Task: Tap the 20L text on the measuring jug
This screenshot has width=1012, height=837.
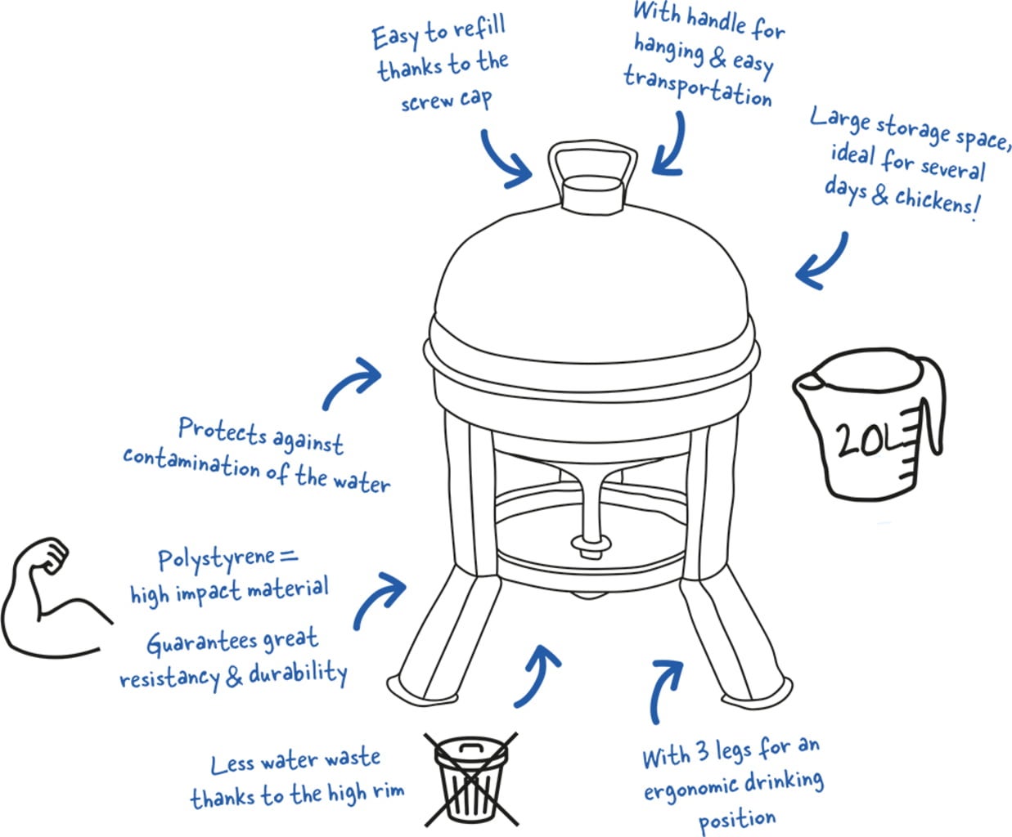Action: [863, 441]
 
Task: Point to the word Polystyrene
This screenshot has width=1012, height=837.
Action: [215, 560]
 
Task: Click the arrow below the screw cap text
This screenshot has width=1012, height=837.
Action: [505, 159]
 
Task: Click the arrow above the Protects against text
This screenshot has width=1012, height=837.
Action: [353, 381]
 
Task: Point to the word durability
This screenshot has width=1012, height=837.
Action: [299, 674]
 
